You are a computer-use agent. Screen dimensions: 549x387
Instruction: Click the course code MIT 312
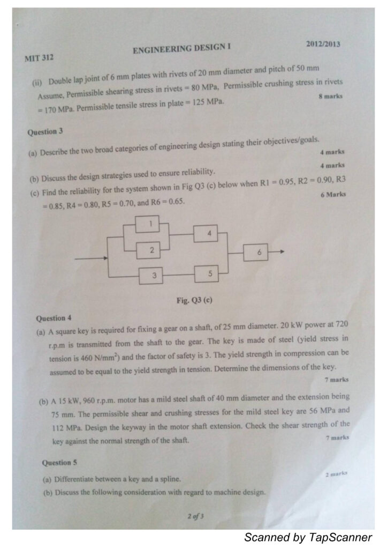click(x=39, y=56)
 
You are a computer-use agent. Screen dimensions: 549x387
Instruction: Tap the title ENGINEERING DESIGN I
click(x=181, y=49)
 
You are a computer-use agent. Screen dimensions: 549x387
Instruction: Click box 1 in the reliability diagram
click(x=151, y=224)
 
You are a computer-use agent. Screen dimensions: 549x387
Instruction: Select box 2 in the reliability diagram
click(x=151, y=249)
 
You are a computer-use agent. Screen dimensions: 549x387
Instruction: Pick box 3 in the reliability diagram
click(x=154, y=276)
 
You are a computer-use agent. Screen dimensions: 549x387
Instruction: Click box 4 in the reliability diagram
click(x=209, y=234)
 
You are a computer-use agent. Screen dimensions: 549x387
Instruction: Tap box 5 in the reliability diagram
click(x=210, y=274)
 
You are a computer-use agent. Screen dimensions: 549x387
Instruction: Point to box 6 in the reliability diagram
click(x=259, y=252)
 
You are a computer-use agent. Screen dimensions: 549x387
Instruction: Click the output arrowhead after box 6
click(x=282, y=251)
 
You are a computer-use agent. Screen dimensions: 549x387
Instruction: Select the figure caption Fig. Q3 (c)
click(x=194, y=301)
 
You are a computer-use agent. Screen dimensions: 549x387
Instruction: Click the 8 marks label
click(x=330, y=97)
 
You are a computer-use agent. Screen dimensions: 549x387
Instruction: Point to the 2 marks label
click(x=337, y=474)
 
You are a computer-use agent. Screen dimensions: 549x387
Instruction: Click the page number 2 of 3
click(x=195, y=516)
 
